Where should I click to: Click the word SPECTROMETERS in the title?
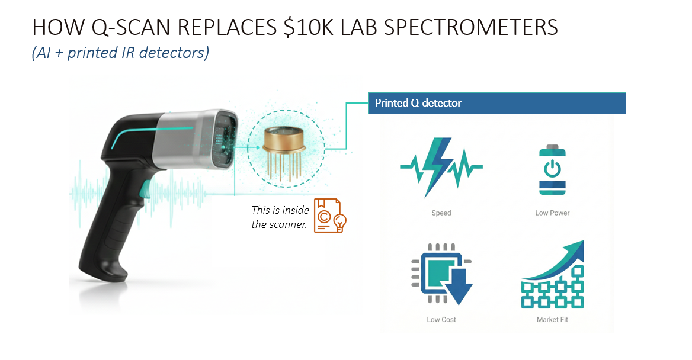click(470, 27)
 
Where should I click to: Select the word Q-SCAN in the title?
click(130, 27)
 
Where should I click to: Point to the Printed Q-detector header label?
click(418, 103)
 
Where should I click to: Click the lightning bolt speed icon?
click(441, 167)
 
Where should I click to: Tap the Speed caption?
click(441, 213)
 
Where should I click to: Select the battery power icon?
click(552, 170)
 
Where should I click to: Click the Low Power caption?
click(552, 213)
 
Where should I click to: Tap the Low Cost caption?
click(441, 319)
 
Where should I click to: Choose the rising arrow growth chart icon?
click(553, 274)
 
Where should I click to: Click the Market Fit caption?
click(552, 319)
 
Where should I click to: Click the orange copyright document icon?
click(329, 216)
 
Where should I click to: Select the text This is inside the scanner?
click(280, 217)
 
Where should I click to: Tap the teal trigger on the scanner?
click(144, 189)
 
